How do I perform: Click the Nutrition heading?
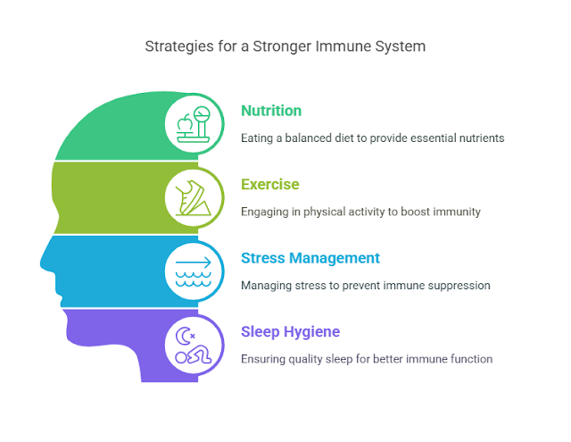[x=271, y=112]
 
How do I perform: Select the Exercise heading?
[x=269, y=185]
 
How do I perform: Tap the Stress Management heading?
[x=310, y=258]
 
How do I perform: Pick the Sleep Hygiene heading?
[x=290, y=332]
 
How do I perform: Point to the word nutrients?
[x=478, y=138]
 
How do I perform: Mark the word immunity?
[x=452, y=213]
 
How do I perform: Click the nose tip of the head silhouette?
[x=41, y=265]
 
